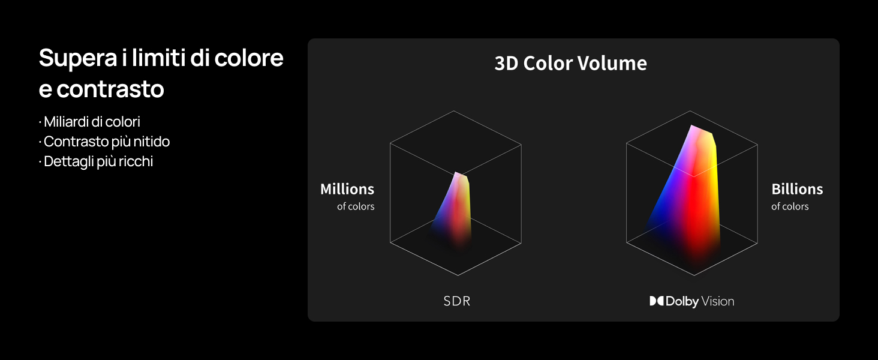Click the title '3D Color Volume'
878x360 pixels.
pos(570,64)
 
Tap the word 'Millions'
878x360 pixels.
pos(347,189)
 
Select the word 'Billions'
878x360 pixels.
pos(797,189)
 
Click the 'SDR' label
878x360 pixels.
pos(457,301)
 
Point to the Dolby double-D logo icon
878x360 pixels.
pos(657,301)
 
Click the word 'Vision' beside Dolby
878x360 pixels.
pos(718,301)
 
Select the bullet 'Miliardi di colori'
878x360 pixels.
pos(92,122)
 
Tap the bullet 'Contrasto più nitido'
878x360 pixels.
pos(107,142)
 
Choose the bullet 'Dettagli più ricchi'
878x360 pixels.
pos(98,161)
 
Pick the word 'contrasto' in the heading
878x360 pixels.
pos(110,89)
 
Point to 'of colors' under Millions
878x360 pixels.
pos(356,206)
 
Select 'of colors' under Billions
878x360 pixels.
pos(790,206)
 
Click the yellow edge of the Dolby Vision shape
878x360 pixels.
pos(715,180)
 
